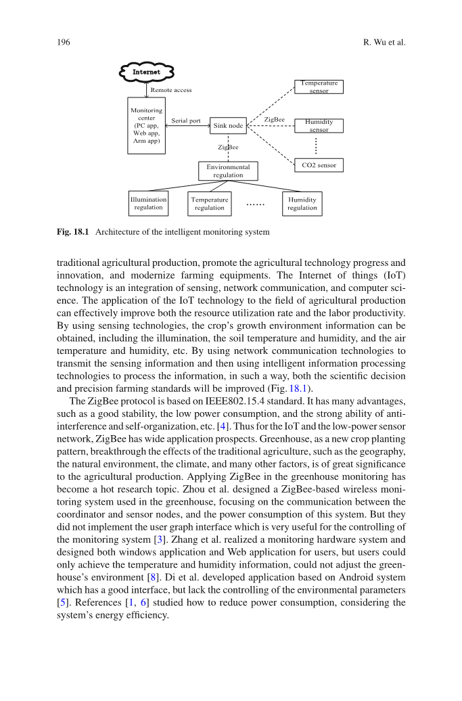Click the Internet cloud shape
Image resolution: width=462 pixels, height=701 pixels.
(x=147, y=71)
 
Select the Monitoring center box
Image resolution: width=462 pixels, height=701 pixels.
(x=146, y=125)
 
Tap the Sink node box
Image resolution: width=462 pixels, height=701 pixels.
(x=228, y=125)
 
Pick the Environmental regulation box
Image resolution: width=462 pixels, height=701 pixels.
(x=228, y=171)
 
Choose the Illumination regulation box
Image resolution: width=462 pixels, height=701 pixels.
(x=148, y=204)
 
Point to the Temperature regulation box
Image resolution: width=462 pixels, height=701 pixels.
(x=210, y=204)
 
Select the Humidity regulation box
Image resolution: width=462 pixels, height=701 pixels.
(x=302, y=204)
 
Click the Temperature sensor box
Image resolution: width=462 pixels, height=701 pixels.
(x=319, y=87)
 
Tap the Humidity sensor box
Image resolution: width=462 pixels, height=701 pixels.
(x=319, y=126)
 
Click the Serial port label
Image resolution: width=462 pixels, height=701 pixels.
(x=186, y=120)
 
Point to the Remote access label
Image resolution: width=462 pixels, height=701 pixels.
(x=170, y=89)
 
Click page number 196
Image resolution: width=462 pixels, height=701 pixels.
(x=63, y=43)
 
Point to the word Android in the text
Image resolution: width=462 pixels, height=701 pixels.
(x=335, y=577)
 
